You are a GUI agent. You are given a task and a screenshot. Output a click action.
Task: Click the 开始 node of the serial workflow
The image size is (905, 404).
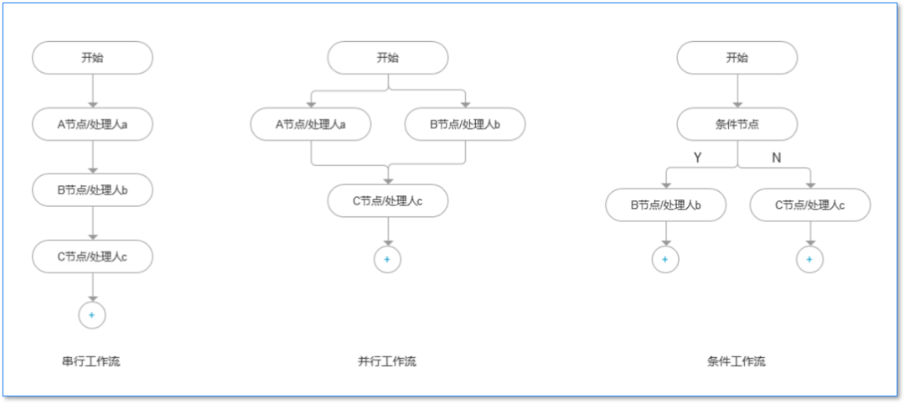point(92,58)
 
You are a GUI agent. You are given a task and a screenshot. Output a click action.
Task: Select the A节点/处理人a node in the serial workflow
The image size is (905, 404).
point(92,125)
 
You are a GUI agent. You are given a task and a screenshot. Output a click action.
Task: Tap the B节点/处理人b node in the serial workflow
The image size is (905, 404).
point(92,190)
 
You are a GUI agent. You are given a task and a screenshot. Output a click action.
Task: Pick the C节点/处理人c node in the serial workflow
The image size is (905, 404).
point(92,256)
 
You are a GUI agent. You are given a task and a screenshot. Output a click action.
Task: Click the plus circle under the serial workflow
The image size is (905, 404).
point(92,315)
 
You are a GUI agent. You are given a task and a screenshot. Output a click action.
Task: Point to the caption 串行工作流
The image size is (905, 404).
point(90,362)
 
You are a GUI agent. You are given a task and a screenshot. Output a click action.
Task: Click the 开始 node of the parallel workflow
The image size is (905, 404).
point(387,58)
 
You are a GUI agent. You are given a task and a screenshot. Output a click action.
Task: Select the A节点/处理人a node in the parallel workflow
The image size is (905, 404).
point(311,125)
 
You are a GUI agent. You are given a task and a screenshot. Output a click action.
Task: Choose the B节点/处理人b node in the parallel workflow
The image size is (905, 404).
point(464,125)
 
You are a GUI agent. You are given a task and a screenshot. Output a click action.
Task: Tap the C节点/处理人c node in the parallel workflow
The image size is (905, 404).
point(387,201)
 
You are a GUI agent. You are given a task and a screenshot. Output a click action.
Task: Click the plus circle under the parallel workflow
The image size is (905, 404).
point(387,260)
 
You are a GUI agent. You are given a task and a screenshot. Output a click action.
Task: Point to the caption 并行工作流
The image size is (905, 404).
point(386,362)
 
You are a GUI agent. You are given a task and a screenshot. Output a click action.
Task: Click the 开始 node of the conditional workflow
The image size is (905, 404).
point(737,58)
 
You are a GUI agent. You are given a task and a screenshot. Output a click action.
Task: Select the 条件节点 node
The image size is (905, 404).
point(737,125)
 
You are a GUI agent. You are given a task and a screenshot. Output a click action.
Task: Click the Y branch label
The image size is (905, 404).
point(697,158)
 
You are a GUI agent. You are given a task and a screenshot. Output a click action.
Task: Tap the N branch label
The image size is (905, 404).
point(776,158)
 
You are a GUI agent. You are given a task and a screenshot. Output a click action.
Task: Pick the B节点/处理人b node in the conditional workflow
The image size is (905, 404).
point(665,205)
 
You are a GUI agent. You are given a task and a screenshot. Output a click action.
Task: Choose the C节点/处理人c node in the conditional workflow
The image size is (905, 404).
point(809,205)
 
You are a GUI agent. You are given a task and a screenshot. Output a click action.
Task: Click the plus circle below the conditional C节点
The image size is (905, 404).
point(809,260)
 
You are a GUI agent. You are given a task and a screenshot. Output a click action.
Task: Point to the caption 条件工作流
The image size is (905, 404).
point(736,362)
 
